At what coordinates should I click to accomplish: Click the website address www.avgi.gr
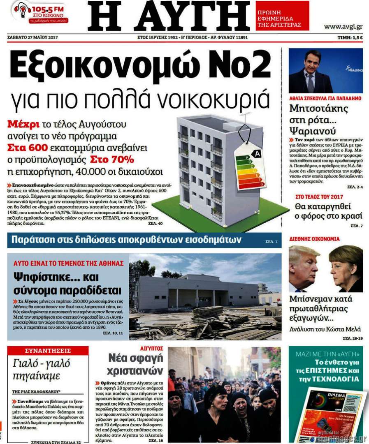click(343, 27)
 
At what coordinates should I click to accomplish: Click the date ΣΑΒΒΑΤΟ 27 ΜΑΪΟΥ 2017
click(32, 37)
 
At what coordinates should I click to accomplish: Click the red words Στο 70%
click(115, 159)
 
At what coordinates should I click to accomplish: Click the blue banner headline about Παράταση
click(126, 240)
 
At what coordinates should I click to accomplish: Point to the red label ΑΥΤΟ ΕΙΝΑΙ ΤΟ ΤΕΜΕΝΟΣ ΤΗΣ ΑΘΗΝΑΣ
click(68, 262)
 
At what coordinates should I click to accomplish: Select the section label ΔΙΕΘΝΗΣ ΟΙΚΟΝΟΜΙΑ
click(315, 238)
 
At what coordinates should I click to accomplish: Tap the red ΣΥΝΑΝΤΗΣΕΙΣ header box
click(48, 351)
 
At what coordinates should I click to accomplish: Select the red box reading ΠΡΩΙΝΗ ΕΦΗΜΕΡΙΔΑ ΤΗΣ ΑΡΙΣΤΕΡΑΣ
click(282, 19)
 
